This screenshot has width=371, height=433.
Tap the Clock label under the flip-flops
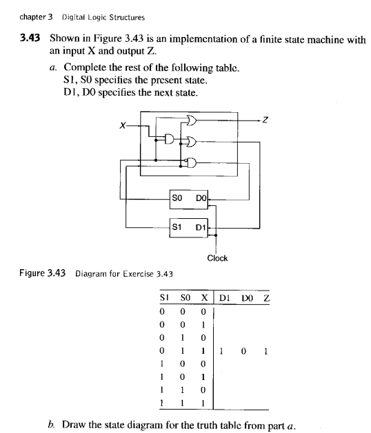point(217,258)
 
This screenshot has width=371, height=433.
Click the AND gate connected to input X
point(168,138)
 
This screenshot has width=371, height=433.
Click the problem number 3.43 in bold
point(28,40)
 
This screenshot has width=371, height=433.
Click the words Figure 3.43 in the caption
point(41,273)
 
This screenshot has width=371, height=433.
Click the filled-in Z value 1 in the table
point(265,350)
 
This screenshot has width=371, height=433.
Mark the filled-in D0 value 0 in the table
point(245,350)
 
